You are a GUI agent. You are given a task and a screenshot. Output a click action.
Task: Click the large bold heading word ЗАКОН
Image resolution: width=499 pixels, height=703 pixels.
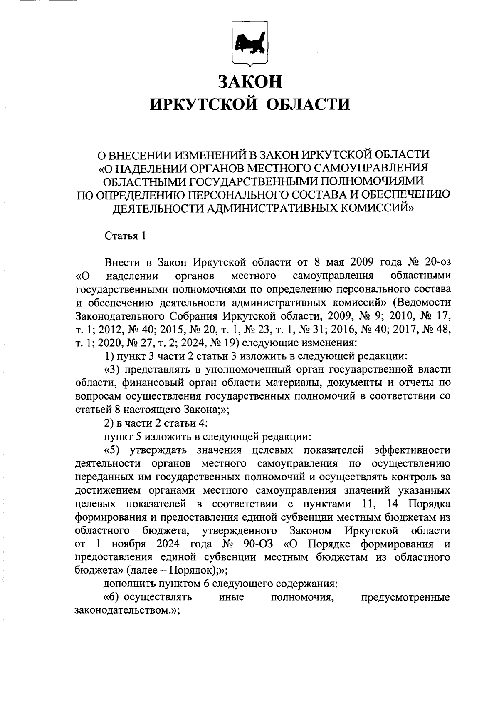(x=250, y=82)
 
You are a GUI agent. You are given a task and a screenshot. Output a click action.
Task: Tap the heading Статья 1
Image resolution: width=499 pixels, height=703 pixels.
(x=125, y=236)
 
